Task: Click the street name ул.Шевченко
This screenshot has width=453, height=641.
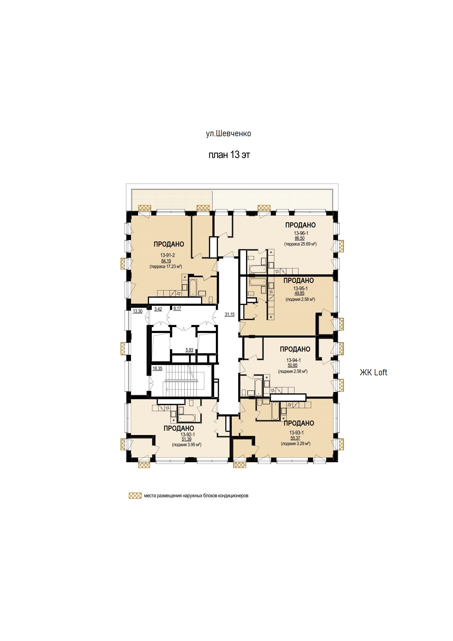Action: [x=229, y=134]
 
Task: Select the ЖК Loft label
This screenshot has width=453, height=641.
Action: [x=373, y=372]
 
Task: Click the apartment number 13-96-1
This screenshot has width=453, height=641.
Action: [x=301, y=233]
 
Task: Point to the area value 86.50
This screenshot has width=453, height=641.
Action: [x=300, y=238]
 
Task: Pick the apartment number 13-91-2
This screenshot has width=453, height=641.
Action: [x=167, y=255]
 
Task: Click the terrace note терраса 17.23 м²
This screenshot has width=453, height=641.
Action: [x=166, y=266]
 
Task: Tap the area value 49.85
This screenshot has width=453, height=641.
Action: [x=300, y=293]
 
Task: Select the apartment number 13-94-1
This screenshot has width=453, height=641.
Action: [x=294, y=360]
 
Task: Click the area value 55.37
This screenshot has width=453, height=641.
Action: [x=295, y=438]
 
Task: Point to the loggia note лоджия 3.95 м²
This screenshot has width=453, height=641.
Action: [x=187, y=445]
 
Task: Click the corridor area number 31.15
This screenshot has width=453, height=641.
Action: [x=229, y=314]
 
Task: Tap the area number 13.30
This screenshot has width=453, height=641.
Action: [x=138, y=311]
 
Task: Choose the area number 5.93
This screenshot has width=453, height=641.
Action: [x=189, y=350]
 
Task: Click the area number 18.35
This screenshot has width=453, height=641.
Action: [x=157, y=368]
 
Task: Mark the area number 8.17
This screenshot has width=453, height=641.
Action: [x=177, y=309]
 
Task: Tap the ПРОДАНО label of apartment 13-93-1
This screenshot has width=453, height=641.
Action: [x=299, y=423]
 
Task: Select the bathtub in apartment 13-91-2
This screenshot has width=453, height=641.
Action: [x=193, y=287]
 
